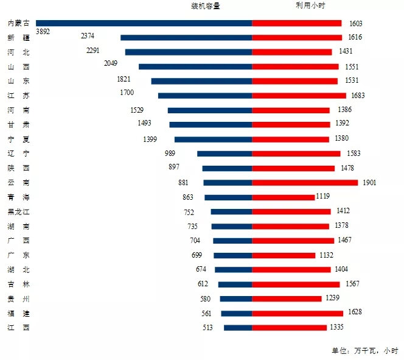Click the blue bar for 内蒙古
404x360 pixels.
[144, 23]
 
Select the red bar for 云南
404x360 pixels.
[305, 182]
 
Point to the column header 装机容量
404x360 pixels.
[206, 7]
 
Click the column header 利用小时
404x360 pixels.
[302, 7]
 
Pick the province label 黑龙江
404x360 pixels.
[18, 212]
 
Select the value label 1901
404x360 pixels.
[369, 182]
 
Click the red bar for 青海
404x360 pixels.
[283, 197]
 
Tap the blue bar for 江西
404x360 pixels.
[238, 328]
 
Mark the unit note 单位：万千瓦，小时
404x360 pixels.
[364, 350]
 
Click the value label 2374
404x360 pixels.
[88, 36]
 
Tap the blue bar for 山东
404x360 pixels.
[201, 81]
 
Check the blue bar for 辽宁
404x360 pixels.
[225, 154]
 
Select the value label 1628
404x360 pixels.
[355, 312]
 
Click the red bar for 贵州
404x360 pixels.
[287, 298]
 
